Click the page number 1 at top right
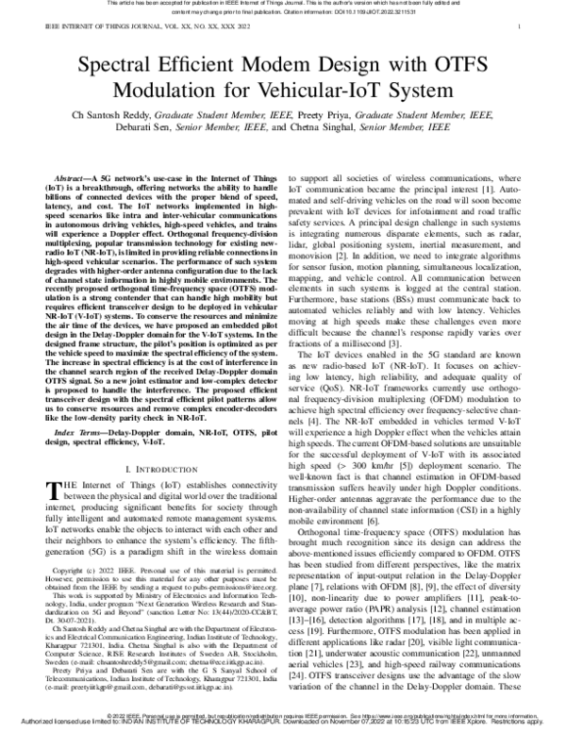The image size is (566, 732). click(521, 30)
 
